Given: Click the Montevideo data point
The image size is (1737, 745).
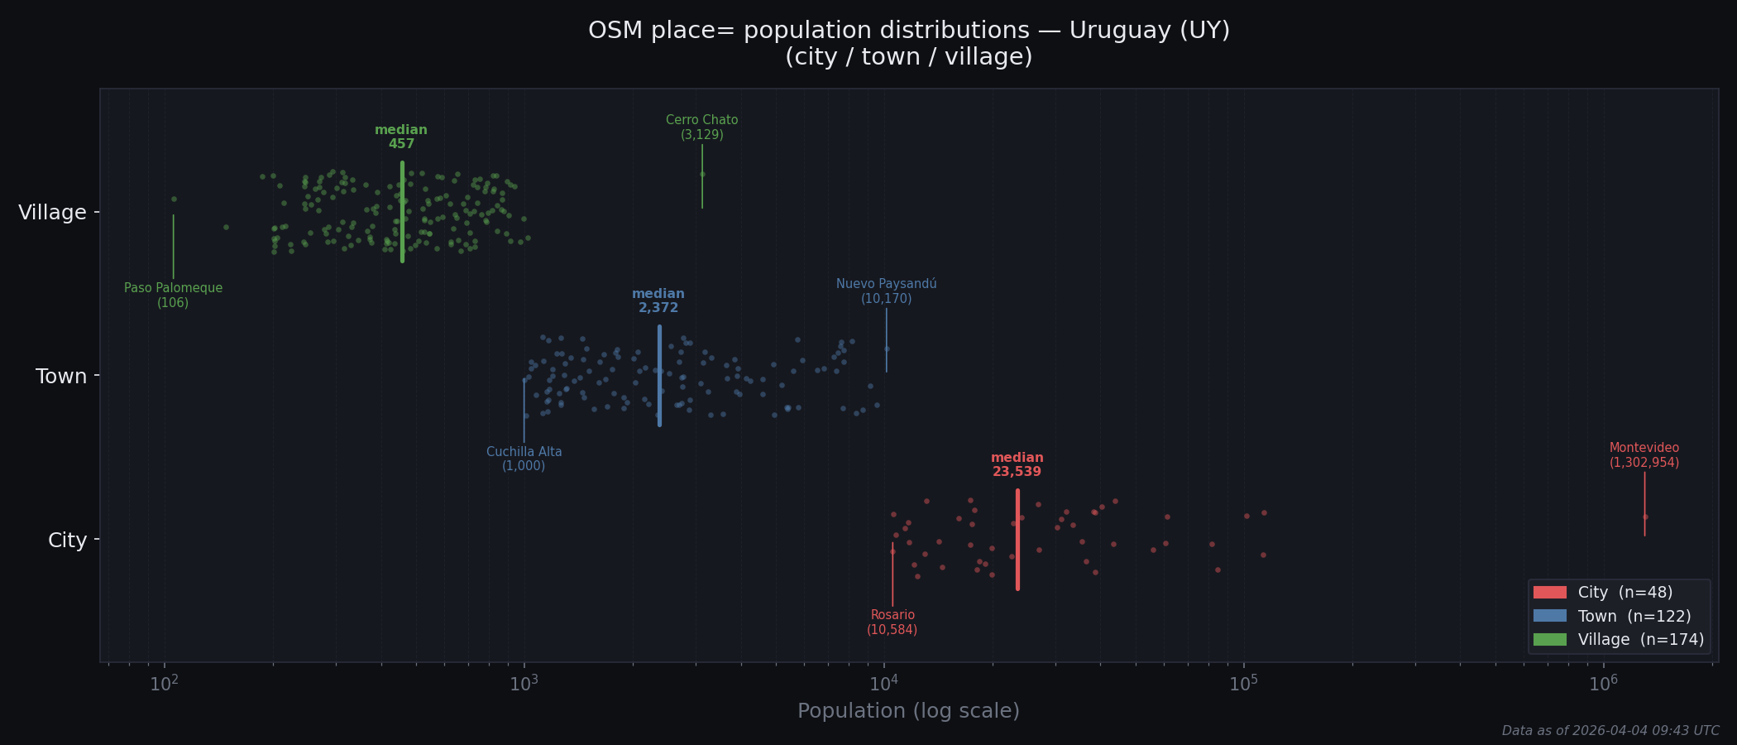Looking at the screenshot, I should (1644, 517).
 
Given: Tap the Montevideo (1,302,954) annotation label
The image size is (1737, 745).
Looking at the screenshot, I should (1644, 455).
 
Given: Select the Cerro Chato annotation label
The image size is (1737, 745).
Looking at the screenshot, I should (701, 127).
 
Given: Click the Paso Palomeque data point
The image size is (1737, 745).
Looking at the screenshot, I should (174, 199).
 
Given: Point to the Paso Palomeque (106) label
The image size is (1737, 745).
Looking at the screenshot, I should (173, 296).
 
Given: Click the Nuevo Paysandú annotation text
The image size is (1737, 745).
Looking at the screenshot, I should (886, 291).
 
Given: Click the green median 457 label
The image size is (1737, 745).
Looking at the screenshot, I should (401, 137).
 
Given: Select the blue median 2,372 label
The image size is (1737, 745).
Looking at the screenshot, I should (658, 300).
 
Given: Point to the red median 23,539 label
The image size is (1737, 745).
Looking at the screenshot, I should (1017, 464).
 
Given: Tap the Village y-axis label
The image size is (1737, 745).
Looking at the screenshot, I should (52, 213).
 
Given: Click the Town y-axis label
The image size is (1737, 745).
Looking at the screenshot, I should (61, 377).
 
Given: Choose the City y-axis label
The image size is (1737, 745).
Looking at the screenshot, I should (67, 541).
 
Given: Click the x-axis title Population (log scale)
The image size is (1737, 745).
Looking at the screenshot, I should (908, 711).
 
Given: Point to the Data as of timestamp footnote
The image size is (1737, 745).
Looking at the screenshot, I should (1610, 731).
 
